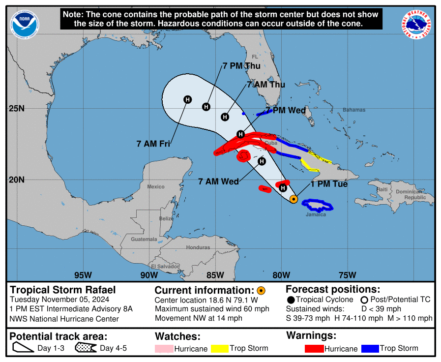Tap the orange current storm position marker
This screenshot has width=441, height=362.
pyautogui.click(x=294, y=199)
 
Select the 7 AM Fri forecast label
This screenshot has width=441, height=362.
pyautogui.click(x=153, y=144)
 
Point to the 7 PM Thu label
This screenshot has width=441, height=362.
pyautogui.click(x=241, y=66)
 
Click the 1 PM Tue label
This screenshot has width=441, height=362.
pyautogui.click(x=329, y=184)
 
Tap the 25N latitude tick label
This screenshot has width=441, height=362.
pyautogui.click(x=17, y=108)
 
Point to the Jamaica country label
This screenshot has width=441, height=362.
pyautogui.click(x=316, y=214)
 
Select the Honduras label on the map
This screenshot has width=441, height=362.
pyautogui.click(x=198, y=247)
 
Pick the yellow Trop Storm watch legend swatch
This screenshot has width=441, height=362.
pyautogui.click(x=220, y=349)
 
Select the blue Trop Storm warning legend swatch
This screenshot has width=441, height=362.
pyautogui.click(x=370, y=349)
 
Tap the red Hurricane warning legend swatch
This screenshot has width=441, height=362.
pyautogui.click(x=314, y=349)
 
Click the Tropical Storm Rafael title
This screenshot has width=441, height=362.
pyautogui.click(x=63, y=290)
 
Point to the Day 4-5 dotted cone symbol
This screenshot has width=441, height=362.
pyautogui.click(x=87, y=349)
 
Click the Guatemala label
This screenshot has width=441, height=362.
pyautogui.click(x=144, y=240)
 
